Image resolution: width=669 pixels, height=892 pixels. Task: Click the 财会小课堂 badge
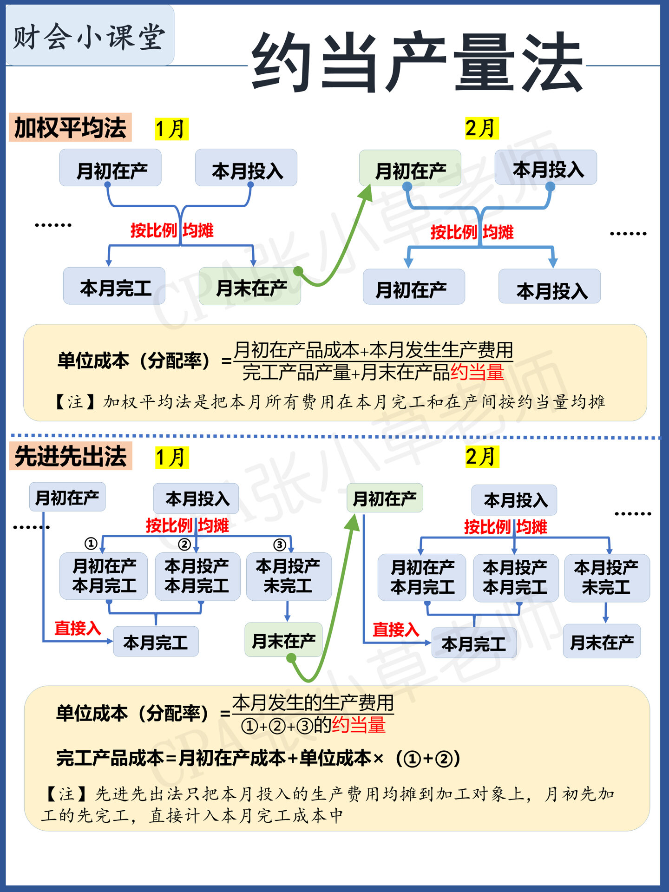pyautogui.click(x=89, y=36)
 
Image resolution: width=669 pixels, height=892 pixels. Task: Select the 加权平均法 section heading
pyautogui.click(x=70, y=127)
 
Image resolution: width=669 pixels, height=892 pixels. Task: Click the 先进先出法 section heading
pyautogui.click(x=71, y=456)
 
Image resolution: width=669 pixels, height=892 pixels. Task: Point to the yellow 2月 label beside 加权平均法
pyautogui.click(x=481, y=128)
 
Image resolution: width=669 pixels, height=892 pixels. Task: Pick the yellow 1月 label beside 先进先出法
pyautogui.click(x=171, y=457)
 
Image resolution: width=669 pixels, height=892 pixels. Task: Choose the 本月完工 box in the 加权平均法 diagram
pyautogui.click(x=114, y=287)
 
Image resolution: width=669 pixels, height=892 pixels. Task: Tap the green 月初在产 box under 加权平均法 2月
pyautogui.click(x=410, y=169)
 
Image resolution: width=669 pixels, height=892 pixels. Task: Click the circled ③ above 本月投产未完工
pyautogui.click(x=279, y=544)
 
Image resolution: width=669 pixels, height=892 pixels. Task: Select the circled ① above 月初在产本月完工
pyautogui.click(x=91, y=543)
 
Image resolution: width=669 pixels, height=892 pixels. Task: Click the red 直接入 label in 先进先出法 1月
pyautogui.click(x=78, y=628)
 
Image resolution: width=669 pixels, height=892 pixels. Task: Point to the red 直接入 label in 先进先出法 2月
pyautogui.click(x=396, y=630)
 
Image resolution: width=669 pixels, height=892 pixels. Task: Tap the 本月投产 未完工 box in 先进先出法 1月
pyautogui.click(x=289, y=576)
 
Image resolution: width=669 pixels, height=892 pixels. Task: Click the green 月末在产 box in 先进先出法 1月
pyautogui.click(x=283, y=640)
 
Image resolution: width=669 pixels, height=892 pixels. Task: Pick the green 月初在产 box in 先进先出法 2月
pyautogui.click(x=385, y=498)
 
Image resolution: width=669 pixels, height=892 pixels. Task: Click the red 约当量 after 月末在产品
pyautogui.click(x=477, y=372)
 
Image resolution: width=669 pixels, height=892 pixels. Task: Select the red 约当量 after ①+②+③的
pyautogui.click(x=359, y=725)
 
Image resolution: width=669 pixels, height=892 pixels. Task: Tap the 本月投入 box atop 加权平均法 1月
pyautogui.click(x=246, y=168)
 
